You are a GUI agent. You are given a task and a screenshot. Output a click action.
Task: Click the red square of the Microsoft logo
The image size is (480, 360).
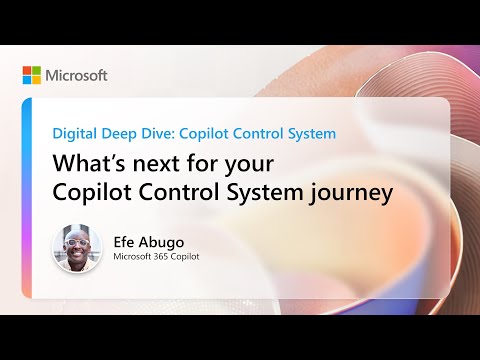tap(27, 71)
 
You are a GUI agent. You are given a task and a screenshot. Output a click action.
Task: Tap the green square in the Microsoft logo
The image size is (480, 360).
tap(36, 71)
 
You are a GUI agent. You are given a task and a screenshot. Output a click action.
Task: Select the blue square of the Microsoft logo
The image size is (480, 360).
tap(27, 80)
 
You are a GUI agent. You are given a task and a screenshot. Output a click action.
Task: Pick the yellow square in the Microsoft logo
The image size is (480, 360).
tap(36, 80)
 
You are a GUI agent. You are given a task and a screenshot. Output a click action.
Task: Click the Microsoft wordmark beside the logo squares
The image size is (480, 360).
tap(76, 75)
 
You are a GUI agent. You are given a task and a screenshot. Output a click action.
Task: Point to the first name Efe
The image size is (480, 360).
tap(128, 241)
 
